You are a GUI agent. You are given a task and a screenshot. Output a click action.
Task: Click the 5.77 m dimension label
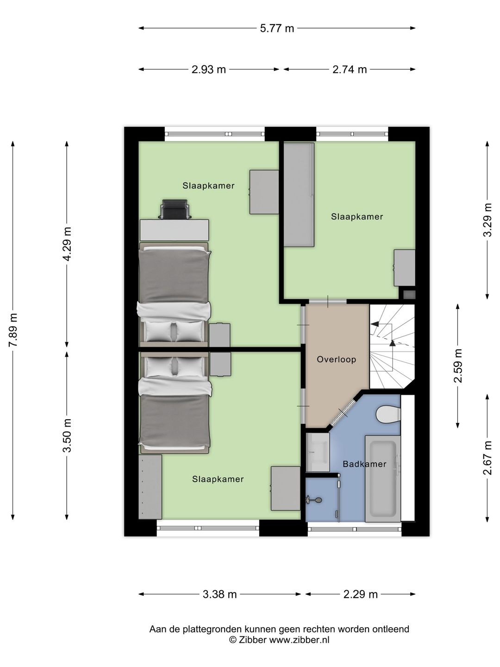277,28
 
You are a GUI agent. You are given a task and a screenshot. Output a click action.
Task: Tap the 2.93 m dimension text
208,69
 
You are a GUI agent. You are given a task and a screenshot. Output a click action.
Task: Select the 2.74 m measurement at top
350,69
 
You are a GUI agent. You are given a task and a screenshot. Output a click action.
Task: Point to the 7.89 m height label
13,330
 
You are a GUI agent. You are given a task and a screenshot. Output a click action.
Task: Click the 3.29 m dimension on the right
487,220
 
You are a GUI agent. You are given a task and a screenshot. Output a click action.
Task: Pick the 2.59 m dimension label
458,366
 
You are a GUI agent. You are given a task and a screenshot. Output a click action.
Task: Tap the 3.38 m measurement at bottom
220,594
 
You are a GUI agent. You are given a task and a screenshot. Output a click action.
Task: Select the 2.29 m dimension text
361,594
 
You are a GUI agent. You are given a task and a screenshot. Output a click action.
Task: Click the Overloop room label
337,359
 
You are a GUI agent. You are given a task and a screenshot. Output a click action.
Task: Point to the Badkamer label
364,464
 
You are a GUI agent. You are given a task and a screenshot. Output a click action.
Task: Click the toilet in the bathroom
388,415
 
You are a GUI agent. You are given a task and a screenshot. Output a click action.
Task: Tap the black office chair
175,209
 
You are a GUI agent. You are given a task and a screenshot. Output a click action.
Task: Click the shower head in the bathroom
313,500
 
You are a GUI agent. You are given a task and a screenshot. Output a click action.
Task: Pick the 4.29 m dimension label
68,244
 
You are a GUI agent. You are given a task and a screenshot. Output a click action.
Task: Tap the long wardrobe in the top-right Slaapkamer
299,195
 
